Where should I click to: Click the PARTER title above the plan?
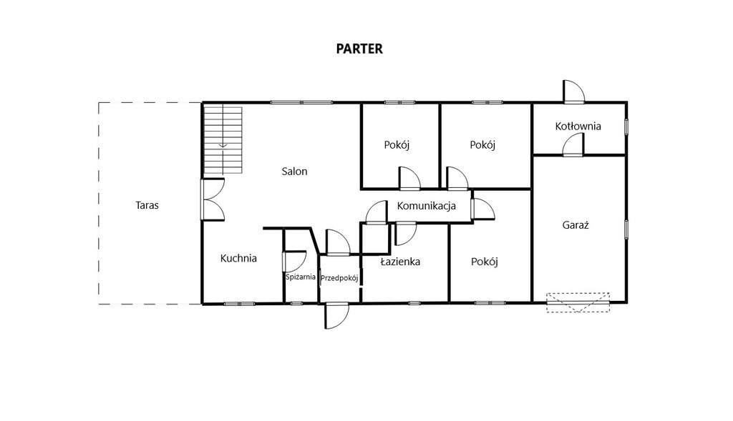(359, 49)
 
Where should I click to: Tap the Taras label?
(147, 205)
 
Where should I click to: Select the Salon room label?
(294, 172)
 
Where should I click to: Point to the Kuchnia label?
(238, 258)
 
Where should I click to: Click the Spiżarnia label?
(301, 277)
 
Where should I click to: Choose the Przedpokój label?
(339, 278)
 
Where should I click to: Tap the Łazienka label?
(400, 262)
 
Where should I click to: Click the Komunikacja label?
(427, 205)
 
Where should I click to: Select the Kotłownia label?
(578, 126)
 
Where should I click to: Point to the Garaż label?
(576, 225)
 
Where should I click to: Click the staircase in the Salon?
(223, 140)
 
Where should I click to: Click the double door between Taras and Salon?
(213, 199)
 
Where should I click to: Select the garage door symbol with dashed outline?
(578, 302)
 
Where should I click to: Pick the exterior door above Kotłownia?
(574, 91)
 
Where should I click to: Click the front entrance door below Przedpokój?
(337, 317)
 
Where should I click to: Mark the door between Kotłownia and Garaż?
(573, 144)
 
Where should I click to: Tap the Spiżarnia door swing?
(294, 262)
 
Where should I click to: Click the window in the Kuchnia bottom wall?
(239, 304)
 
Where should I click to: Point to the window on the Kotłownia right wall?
(626, 127)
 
